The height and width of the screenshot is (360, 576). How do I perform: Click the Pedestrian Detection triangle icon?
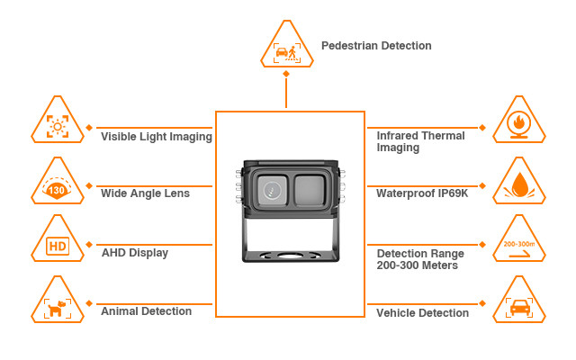click(286, 47)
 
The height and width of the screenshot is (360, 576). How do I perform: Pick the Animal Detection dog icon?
click(59, 306)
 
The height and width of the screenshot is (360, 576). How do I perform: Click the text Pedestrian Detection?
click(376, 46)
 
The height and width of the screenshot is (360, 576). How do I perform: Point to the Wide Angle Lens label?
click(145, 193)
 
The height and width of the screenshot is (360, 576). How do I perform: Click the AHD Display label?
click(135, 253)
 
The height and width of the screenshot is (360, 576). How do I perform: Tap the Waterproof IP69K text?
click(420, 193)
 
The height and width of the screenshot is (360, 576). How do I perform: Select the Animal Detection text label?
click(146, 311)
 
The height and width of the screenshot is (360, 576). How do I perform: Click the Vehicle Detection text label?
click(422, 313)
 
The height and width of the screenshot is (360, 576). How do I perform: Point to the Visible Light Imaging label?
click(156, 137)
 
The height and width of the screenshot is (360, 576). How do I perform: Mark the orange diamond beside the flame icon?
click(486, 127)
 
